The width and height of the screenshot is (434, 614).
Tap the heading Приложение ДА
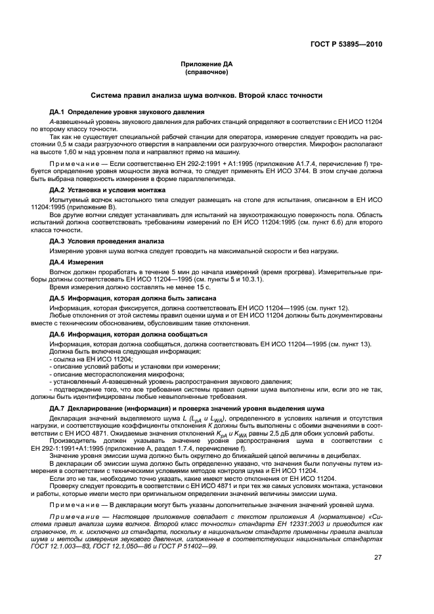[x=206, y=64]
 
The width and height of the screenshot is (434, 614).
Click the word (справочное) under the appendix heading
[x=206, y=72]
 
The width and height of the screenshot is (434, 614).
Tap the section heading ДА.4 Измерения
[x=76, y=262]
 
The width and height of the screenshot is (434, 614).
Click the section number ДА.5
[x=58, y=298]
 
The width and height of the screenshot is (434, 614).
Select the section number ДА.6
[x=58, y=334]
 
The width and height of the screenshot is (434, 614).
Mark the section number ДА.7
[x=58, y=408]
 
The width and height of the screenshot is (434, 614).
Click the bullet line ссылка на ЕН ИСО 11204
[x=91, y=358]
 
